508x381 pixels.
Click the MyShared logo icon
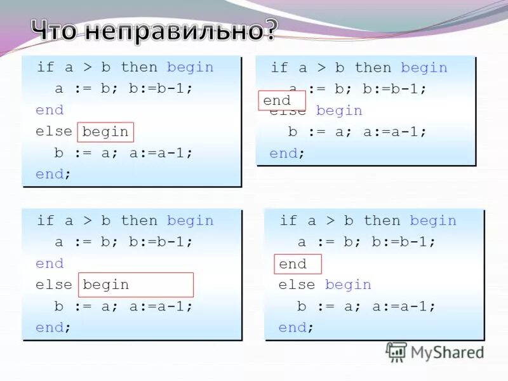click(x=396, y=351)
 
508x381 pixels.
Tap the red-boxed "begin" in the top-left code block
click(x=105, y=131)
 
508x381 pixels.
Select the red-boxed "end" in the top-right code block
click(x=277, y=101)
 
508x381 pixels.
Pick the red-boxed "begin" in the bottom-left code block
click(x=105, y=285)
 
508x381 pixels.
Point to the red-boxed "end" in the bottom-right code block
click(x=293, y=264)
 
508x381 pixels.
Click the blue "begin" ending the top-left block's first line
click(x=190, y=67)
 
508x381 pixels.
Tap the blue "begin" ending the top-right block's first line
click(x=424, y=68)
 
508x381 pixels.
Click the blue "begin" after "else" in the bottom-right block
click(x=348, y=285)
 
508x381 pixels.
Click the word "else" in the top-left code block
click(x=54, y=131)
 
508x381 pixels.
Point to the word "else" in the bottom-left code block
click(x=54, y=285)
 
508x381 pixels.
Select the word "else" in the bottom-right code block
click(x=297, y=285)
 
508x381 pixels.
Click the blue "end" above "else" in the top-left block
click(x=50, y=110)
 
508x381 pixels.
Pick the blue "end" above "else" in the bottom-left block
click(x=50, y=264)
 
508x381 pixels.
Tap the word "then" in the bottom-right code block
click(x=382, y=221)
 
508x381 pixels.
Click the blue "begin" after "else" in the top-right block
click(x=339, y=111)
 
